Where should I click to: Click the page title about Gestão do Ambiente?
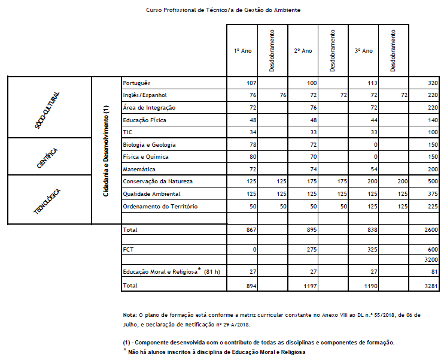pyautogui.click(x=223, y=10)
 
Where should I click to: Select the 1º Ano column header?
pyautogui.click(x=243, y=51)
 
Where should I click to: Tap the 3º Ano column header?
pyautogui.click(x=364, y=51)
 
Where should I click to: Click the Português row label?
pyautogui.click(x=136, y=83)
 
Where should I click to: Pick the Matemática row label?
pyautogui.click(x=138, y=170)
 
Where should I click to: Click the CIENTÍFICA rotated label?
pyautogui.click(x=48, y=156)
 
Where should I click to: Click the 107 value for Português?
pyautogui.click(x=251, y=83)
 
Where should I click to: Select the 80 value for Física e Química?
pyautogui.click(x=253, y=157)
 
